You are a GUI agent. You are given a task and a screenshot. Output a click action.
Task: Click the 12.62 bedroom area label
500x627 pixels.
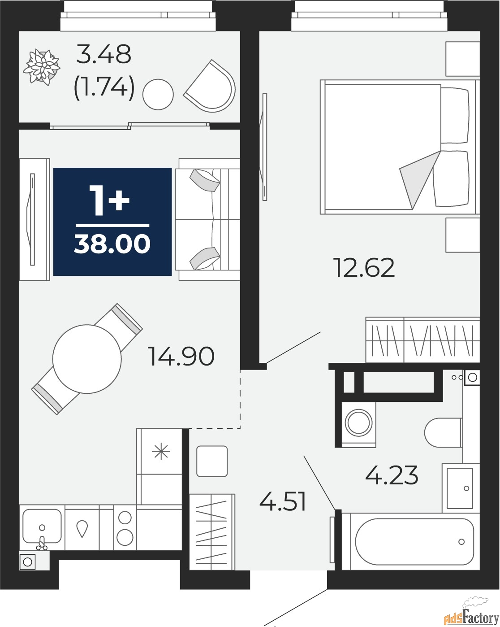coord(364,268)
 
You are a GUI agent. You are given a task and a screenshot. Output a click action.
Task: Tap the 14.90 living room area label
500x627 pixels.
coord(182,357)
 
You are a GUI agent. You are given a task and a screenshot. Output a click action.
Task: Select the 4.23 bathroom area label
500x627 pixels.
coord(392,475)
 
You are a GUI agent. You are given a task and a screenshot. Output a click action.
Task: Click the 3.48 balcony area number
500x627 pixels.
coord(103,54)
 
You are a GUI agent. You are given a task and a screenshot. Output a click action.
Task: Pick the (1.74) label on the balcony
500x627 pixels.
coord(104,87)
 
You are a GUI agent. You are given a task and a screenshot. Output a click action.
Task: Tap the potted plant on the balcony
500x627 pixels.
coord(43,67)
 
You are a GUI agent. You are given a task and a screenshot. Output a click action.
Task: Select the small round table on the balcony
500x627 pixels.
coord(158,94)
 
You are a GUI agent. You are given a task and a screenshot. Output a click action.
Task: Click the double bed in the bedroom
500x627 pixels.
coord(394,147)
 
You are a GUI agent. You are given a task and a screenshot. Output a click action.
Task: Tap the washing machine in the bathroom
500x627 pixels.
coord(358,424)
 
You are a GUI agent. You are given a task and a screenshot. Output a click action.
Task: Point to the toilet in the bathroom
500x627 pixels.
coord(442,433)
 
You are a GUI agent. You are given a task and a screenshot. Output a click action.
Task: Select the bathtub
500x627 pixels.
coord(414,542)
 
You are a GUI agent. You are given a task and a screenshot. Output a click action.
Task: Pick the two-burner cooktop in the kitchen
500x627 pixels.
coord(125,527)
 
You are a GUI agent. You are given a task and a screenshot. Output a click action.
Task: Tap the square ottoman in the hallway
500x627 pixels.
coord(212,461)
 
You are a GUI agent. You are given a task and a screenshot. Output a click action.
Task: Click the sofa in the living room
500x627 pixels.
coord(208,219)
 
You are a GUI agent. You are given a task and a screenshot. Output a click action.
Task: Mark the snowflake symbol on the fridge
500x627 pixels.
coord(160,451)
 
